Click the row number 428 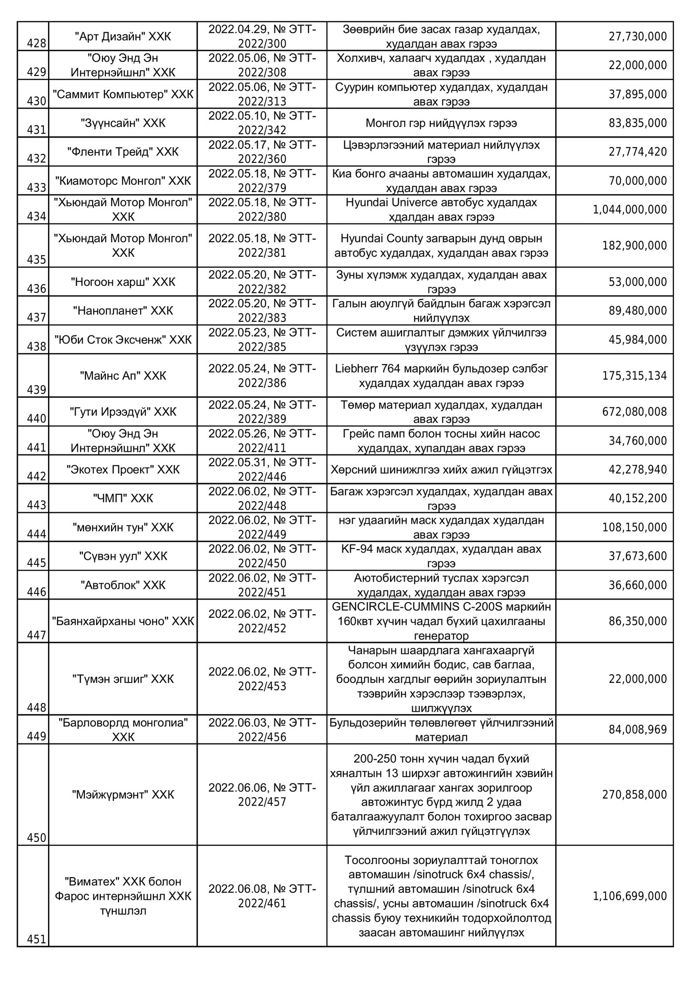37,44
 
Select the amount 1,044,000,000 630,210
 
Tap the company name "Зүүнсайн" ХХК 123,123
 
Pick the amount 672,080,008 634,412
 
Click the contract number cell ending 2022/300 262,36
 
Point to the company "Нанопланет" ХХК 123,311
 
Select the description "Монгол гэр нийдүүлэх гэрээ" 441,123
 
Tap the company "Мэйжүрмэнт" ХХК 123,795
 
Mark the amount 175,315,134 634,376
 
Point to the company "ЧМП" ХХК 123,498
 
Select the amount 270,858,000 634,795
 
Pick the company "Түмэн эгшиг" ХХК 123,679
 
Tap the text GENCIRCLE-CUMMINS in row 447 384,607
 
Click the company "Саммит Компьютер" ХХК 123,94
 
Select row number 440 37,419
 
